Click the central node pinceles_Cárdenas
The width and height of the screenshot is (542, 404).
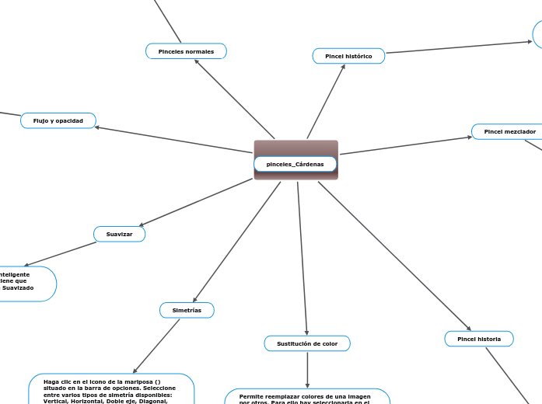point(295,164)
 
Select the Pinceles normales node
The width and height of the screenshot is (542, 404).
point(186,51)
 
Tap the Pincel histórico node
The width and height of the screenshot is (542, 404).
point(348,56)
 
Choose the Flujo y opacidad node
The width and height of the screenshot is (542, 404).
point(58,120)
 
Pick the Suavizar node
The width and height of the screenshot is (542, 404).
point(119,234)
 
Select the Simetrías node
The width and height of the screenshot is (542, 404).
point(187,310)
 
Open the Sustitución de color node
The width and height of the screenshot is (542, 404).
point(307,343)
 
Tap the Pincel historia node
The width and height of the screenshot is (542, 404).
point(479,339)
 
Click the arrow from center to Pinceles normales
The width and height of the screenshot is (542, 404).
point(233,98)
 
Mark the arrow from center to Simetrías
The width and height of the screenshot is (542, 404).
point(236,242)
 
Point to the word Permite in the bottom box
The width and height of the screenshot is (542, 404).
point(252,396)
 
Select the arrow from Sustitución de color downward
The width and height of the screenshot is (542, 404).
point(308,369)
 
